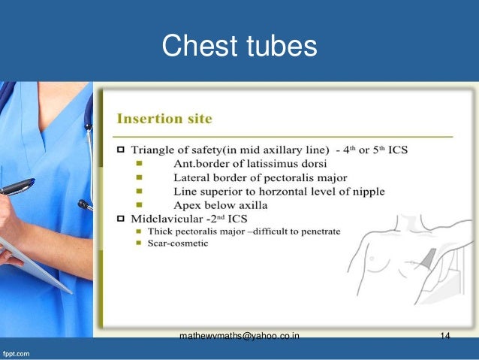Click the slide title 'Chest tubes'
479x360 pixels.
click(x=239, y=47)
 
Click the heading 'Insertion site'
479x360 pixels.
click(x=164, y=119)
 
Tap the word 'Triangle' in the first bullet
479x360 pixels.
click(x=155, y=150)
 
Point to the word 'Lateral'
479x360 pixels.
click(x=194, y=177)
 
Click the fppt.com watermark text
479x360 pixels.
click(x=15, y=352)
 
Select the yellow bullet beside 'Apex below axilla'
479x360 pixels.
click(x=139, y=204)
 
